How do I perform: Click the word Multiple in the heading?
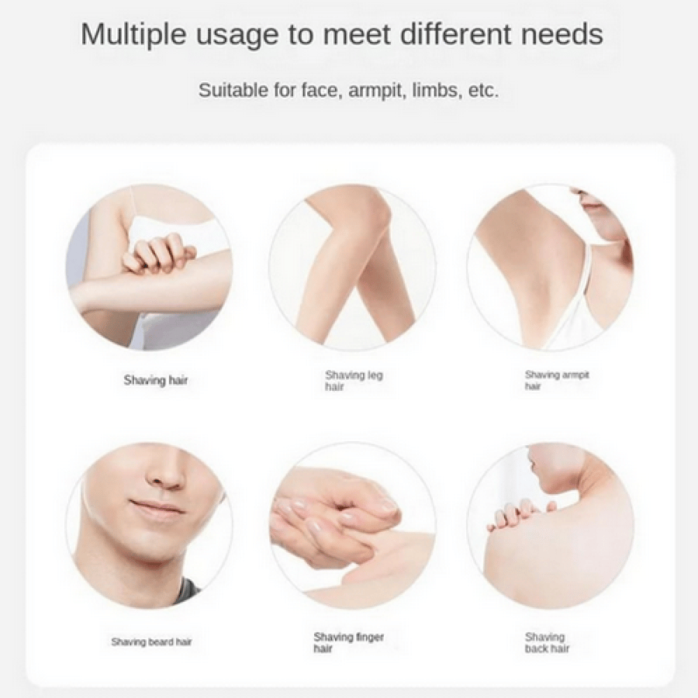click(133, 35)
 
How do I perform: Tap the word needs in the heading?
click(562, 35)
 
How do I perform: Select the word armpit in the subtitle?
click(376, 91)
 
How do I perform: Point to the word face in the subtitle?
click(320, 91)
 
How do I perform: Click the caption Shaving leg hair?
click(354, 381)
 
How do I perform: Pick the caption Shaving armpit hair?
click(557, 380)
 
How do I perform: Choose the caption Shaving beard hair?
click(151, 641)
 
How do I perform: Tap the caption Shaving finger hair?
click(348, 642)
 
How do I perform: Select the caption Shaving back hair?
click(547, 642)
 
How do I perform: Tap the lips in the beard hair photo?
click(156, 506)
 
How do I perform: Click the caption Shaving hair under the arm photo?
click(155, 380)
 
